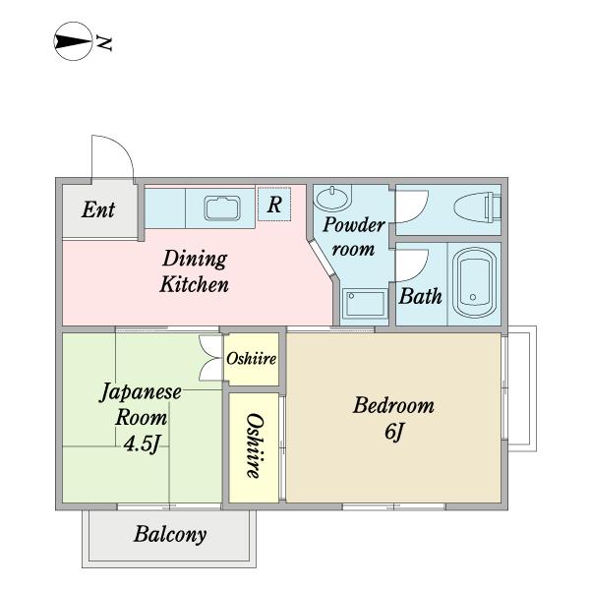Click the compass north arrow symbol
[73, 41]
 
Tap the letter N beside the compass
[103, 43]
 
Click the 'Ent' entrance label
[98, 209]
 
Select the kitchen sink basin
[222, 207]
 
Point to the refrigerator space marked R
[274, 205]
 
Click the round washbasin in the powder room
[332, 198]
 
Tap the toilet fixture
[478, 206]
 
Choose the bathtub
[474, 283]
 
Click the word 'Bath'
[420, 296]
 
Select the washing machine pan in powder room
[365, 304]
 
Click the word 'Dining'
[195, 260]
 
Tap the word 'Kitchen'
[194, 284]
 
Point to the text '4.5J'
[142, 443]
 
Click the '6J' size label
[393, 432]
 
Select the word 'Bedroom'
[393, 405]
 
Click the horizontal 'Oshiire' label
[252, 358]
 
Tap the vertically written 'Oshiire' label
[254, 446]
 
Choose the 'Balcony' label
[170, 534]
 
